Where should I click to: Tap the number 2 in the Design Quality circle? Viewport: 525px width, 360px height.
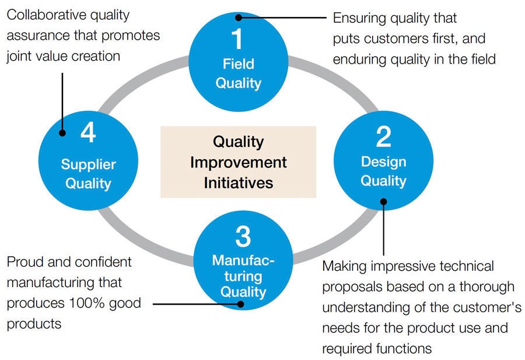point(383,137)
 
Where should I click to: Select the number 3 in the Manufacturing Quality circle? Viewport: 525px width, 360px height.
point(243,236)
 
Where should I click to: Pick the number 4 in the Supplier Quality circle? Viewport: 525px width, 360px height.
point(88,134)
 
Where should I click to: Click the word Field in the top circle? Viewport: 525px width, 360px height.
point(238,63)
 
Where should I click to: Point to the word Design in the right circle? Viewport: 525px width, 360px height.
point(383,162)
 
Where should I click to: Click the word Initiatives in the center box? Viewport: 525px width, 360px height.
point(238,182)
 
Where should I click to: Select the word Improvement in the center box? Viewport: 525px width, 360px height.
point(238,162)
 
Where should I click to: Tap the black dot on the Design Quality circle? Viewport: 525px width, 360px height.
point(383,202)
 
